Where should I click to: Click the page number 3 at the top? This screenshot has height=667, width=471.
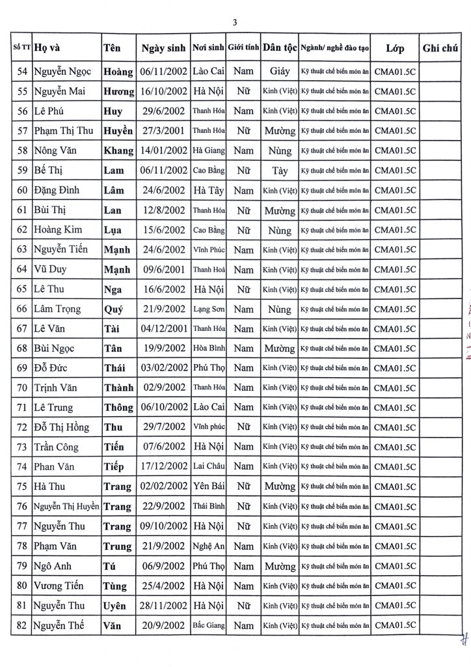(235, 22)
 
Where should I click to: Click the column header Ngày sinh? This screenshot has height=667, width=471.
(163, 48)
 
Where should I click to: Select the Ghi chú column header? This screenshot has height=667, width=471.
(441, 48)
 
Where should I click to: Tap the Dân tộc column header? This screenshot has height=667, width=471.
(280, 48)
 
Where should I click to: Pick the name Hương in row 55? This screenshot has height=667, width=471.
(118, 92)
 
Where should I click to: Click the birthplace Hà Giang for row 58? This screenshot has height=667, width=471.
(208, 151)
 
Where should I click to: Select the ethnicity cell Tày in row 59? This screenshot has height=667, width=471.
(280, 171)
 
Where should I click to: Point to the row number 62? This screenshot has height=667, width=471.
(22, 231)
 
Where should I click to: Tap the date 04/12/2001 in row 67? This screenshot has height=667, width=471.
(163, 329)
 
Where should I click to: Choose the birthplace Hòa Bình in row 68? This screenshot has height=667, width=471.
(208, 348)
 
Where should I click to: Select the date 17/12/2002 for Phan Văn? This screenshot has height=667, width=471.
(163, 467)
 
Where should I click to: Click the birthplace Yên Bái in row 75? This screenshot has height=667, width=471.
(208, 487)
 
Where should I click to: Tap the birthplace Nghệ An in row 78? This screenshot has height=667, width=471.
(208, 546)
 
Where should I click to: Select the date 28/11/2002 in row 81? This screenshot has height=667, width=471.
(163, 606)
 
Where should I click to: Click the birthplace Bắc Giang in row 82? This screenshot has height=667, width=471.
(208, 625)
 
